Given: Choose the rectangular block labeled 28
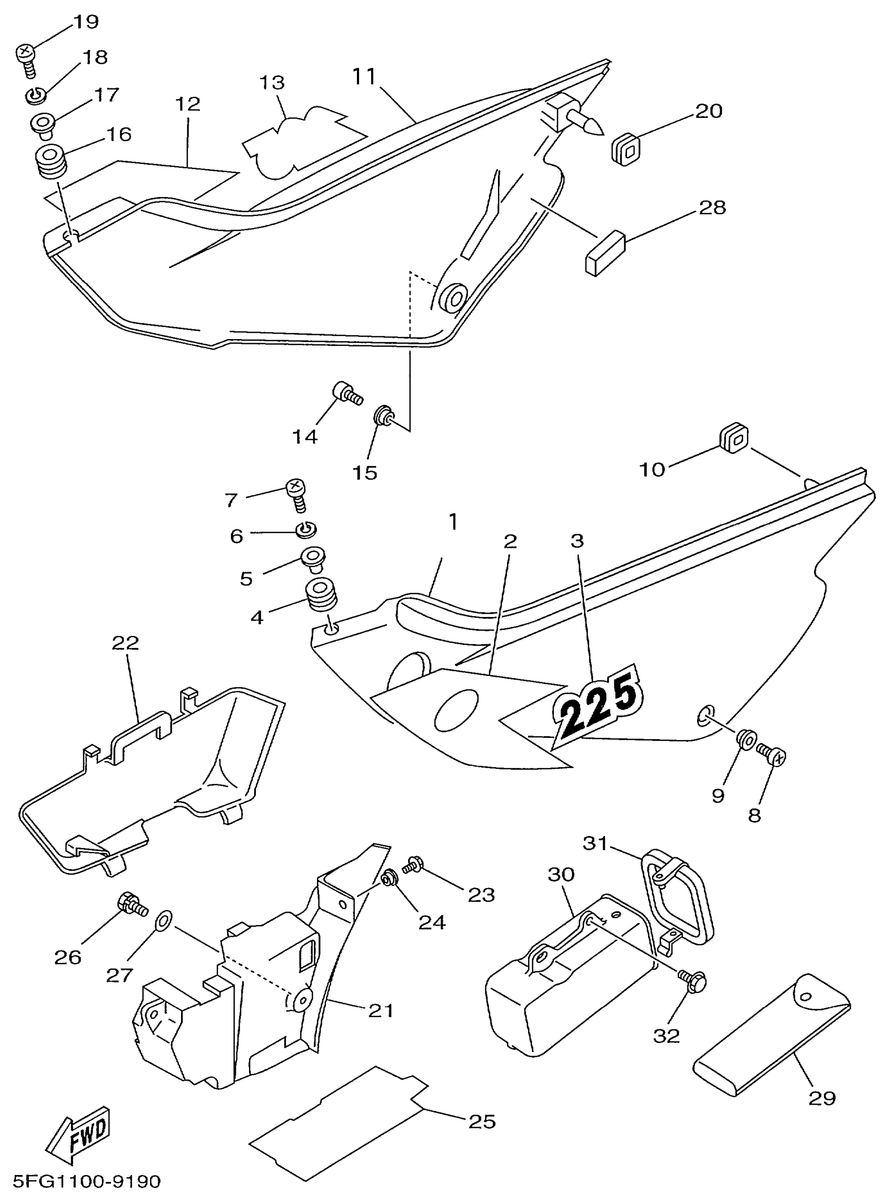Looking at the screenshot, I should pyautogui.click(x=604, y=252).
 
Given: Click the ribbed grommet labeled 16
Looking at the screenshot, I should pyautogui.click(x=52, y=161).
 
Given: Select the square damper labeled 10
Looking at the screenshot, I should pyautogui.click(x=733, y=439).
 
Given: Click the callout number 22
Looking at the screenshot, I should pyautogui.click(x=126, y=643).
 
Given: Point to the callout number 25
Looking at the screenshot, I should pyautogui.click(x=482, y=1121).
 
